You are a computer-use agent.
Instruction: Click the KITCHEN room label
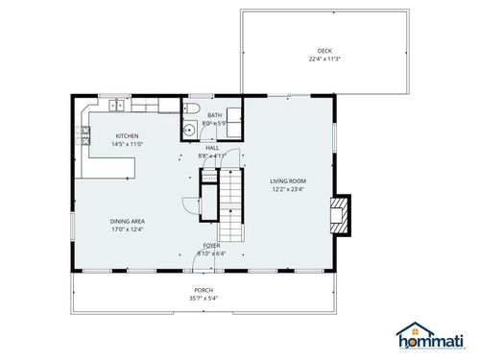click(127, 136)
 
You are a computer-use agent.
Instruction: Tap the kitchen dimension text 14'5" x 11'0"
click(127, 144)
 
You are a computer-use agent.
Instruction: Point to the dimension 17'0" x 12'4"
click(127, 228)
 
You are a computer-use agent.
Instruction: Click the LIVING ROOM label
click(287, 180)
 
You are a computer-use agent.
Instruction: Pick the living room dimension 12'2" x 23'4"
click(287, 189)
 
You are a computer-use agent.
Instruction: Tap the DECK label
click(324, 51)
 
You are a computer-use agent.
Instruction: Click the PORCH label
click(204, 290)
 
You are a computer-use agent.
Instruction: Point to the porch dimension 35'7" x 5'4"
click(204, 299)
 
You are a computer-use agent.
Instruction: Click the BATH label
click(214, 116)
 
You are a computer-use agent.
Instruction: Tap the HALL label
click(212, 147)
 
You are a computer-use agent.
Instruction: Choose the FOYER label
click(211, 246)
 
